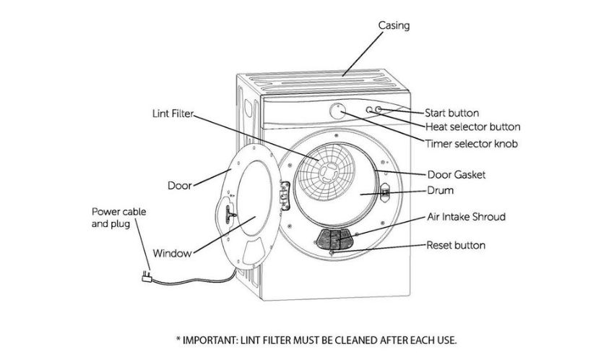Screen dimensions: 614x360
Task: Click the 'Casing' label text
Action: point(394,25)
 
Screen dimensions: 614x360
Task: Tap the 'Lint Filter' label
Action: point(173,113)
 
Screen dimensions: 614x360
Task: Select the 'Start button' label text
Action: point(452,113)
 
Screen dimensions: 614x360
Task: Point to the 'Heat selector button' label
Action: point(473,127)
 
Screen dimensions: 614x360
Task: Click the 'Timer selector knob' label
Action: point(472,144)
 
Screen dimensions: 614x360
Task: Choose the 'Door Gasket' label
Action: point(457,175)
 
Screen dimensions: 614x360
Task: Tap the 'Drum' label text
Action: point(440,190)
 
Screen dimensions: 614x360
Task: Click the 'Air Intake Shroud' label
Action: point(467,217)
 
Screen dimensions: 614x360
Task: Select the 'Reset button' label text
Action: point(456,245)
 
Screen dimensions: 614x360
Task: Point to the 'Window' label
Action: point(172,253)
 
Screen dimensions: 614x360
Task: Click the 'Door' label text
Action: point(180,185)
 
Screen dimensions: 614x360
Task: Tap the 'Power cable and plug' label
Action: point(118,218)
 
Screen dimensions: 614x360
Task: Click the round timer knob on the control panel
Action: point(337,111)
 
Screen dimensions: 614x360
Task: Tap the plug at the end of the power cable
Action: point(147,277)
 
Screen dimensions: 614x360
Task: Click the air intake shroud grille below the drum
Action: point(334,240)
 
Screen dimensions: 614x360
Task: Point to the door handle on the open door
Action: point(228,213)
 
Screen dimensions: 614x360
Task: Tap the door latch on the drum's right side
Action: point(385,192)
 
